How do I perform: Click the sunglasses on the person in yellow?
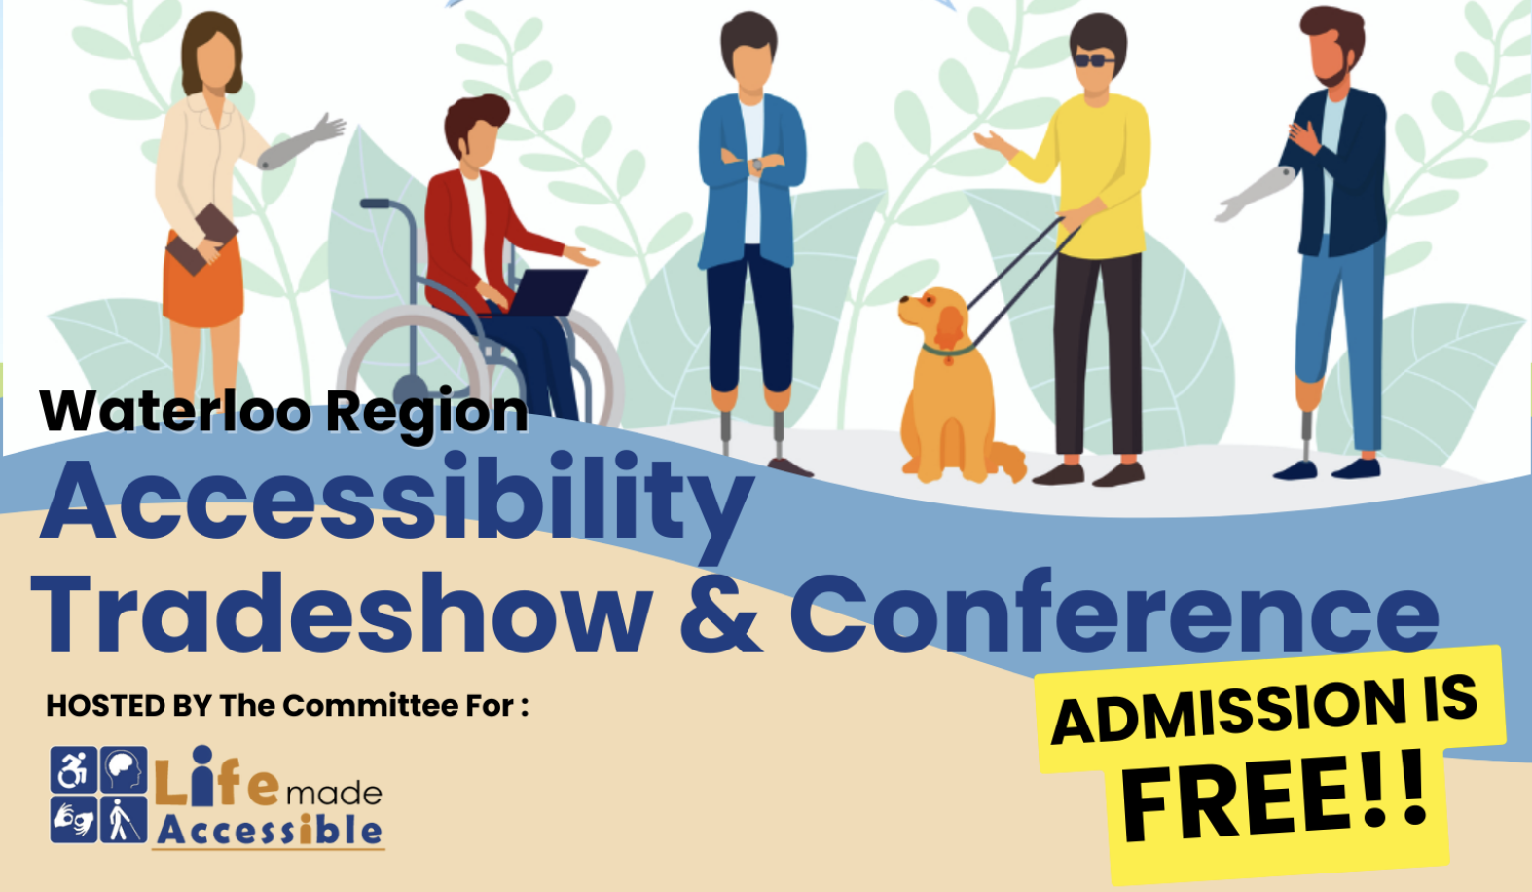(x=1094, y=60)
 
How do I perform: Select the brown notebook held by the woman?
(x=202, y=239)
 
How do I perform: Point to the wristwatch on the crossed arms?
(x=757, y=165)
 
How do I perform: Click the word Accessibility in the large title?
(x=398, y=503)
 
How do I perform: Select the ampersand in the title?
(x=720, y=613)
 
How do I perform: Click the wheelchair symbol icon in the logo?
(x=74, y=769)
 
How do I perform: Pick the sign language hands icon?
(x=74, y=820)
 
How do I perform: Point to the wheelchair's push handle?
(x=375, y=204)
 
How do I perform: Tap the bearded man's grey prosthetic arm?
(x=1256, y=193)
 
